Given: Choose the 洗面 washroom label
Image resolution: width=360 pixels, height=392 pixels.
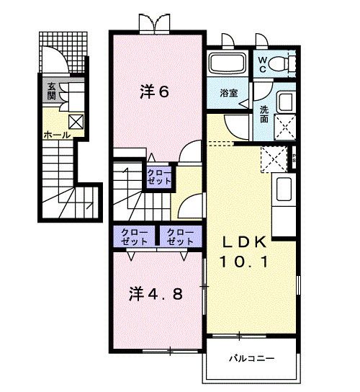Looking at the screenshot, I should [x=264, y=114].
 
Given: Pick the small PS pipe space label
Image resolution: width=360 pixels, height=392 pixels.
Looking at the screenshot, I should [x=294, y=157].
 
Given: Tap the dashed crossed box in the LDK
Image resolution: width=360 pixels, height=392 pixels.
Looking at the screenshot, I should [x=274, y=156].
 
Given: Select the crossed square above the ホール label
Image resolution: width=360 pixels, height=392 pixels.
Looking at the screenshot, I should [x=75, y=122].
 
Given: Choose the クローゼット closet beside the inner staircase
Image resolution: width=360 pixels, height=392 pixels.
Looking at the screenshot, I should [x=160, y=177].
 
